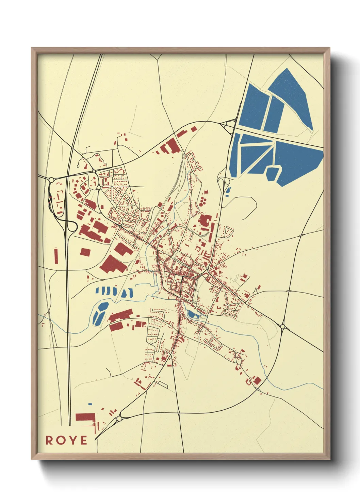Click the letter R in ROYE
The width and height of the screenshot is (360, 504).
(x=49, y=440)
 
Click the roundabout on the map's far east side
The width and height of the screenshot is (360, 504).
(x=283, y=327)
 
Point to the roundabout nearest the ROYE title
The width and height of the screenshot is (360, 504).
(x=119, y=418)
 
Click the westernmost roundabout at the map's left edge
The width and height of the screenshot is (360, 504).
(x=51, y=179)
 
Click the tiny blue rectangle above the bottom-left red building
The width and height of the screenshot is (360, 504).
(x=90, y=404)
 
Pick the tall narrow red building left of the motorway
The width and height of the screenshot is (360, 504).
(x=56, y=255)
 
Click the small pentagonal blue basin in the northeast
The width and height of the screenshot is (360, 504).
(x=273, y=173)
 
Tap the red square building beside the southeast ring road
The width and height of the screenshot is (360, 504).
(x=258, y=380)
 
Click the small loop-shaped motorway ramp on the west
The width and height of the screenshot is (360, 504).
(x=72, y=226)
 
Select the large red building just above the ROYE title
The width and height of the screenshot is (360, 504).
(x=85, y=417)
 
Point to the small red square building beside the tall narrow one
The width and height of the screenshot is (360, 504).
(x=85, y=252)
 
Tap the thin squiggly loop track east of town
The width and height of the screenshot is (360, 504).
(x=235, y=279)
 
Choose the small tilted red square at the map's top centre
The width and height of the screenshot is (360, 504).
(x=194, y=129)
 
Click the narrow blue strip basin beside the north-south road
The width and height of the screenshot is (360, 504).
(x=228, y=192)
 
